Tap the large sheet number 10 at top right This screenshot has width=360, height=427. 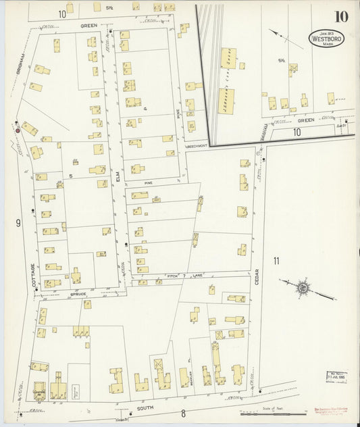pos(340,16)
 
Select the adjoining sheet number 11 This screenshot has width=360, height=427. pos(276,260)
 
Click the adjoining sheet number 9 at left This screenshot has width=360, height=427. pos(18,222)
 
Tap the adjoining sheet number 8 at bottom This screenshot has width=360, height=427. pos(182,413)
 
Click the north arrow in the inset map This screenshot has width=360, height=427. pos(278,35)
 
